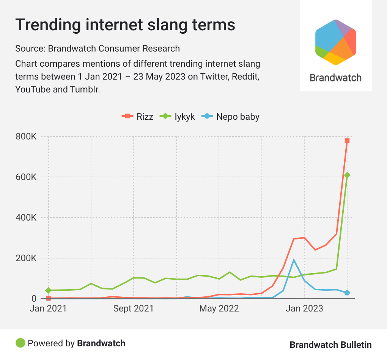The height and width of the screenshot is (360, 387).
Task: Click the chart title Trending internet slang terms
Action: pos(125,25)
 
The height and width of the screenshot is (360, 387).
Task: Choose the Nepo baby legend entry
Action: pos(232,116)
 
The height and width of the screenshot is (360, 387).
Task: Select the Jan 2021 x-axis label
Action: pos(48,309)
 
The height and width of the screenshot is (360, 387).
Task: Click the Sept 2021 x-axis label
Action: pos(134,309)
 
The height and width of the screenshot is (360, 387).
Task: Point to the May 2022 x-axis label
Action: pos(219,309)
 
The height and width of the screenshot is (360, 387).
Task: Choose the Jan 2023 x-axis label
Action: pos(305,309)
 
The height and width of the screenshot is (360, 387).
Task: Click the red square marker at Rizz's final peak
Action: pos(347,141)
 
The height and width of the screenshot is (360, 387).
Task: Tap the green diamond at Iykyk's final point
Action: pos(347,175)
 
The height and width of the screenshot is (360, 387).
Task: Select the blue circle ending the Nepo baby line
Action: pos(347,293)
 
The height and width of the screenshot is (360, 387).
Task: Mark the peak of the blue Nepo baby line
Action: pos(294,260)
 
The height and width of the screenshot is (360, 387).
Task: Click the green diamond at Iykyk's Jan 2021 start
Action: pos(48,290)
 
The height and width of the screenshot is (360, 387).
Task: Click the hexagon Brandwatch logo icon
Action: pos(335,42)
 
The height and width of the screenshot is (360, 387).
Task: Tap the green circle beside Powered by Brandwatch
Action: pos(20,343)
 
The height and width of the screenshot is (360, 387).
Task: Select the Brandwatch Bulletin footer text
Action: pos(330,345)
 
